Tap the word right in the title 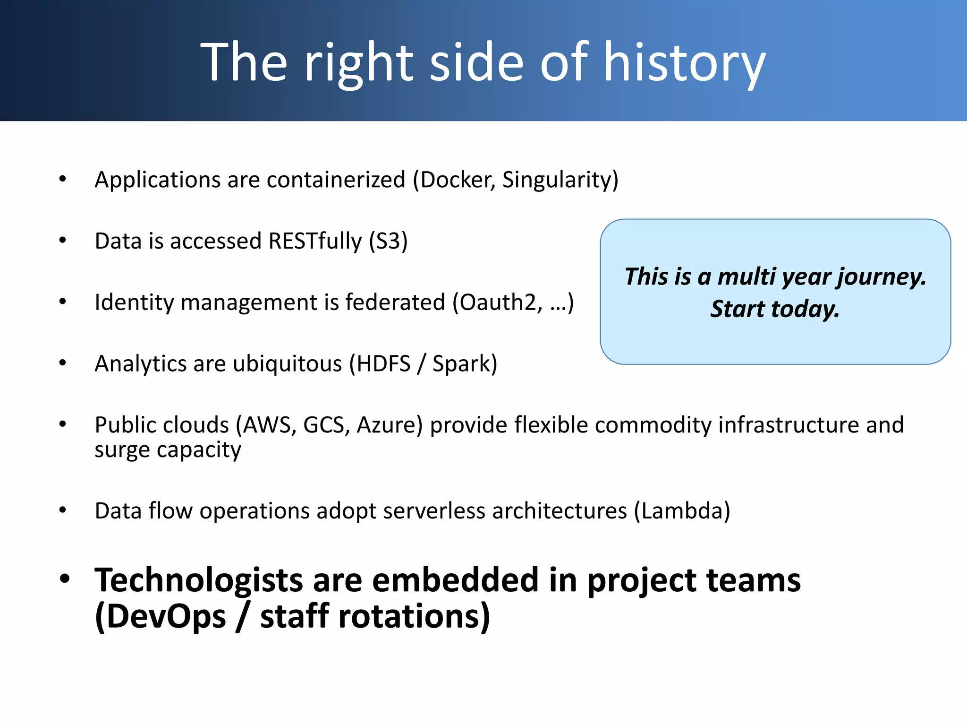pyautogui.click(x=359, y=62)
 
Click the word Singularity pyautogui.click(x=557, y=180)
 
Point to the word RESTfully pyautogui.click(x=314, y=242)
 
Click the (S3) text pyautogui.click(x=388, y=242)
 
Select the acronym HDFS pyautogui.click(x=383, y=364)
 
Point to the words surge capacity pyautogui.click(x=168, y=450)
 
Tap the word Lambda pyautogui.click(x=682, y=511)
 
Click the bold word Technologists pyautogui.click(x=198, y=580)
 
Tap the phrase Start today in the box pyautogui.click(x=775, y=309)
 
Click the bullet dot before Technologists pyautogui.click(x=65, y=579)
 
